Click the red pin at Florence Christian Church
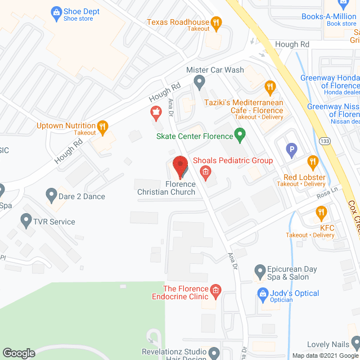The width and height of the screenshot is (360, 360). click(179, 165)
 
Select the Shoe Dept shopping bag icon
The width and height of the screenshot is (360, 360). click(56, 11)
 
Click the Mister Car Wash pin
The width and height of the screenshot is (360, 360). click(199, 82)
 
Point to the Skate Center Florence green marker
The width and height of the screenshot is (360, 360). click(240, 135)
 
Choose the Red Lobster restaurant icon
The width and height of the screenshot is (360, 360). click(313, 162)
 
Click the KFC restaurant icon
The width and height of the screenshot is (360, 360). click(321, 213)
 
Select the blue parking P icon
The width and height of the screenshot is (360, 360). click(291, 150)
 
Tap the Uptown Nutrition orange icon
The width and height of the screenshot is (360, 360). click(102, 127)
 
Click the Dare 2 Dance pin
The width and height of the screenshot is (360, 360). click(51, 195)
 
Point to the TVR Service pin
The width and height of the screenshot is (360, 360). click(26, 219)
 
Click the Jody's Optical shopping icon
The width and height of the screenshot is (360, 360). click(262, 293)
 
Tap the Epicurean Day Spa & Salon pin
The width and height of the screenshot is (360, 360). click(259, 271)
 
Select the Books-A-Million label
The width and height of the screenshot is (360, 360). click(329, 16)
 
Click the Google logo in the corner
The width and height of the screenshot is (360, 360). click(18, 353)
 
